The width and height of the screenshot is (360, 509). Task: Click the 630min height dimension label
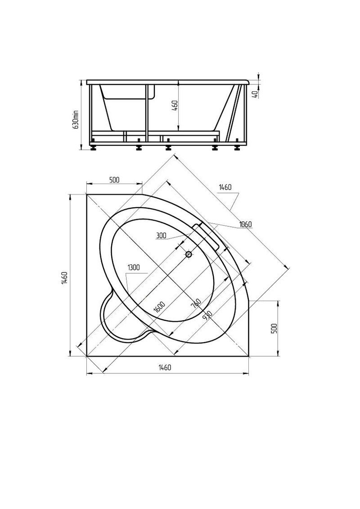point(76,119)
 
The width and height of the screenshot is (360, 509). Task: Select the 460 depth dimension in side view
point(175,106)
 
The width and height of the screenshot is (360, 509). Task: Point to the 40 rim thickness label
point(255,94)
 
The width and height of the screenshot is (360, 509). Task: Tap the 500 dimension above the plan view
point(114,179)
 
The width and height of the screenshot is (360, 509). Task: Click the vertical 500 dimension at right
point(274,329)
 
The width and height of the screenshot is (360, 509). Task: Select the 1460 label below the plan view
point(165,367)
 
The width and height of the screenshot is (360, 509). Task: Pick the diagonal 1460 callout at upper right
point(225,188)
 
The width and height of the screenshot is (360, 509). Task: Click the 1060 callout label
point(245,224)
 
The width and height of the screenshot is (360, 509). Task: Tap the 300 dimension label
point(161,236)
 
